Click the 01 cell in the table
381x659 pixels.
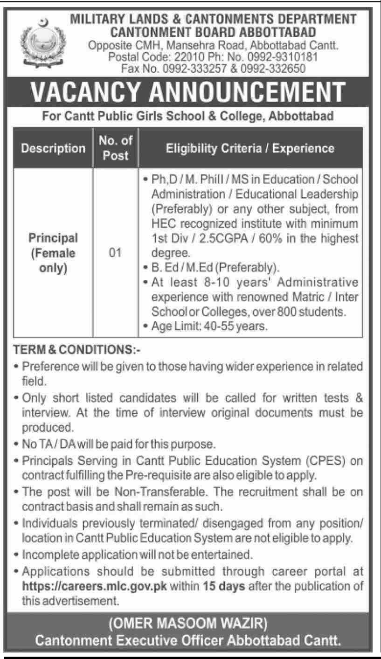tap(116, 253)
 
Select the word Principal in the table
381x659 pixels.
tap(53, 238)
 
